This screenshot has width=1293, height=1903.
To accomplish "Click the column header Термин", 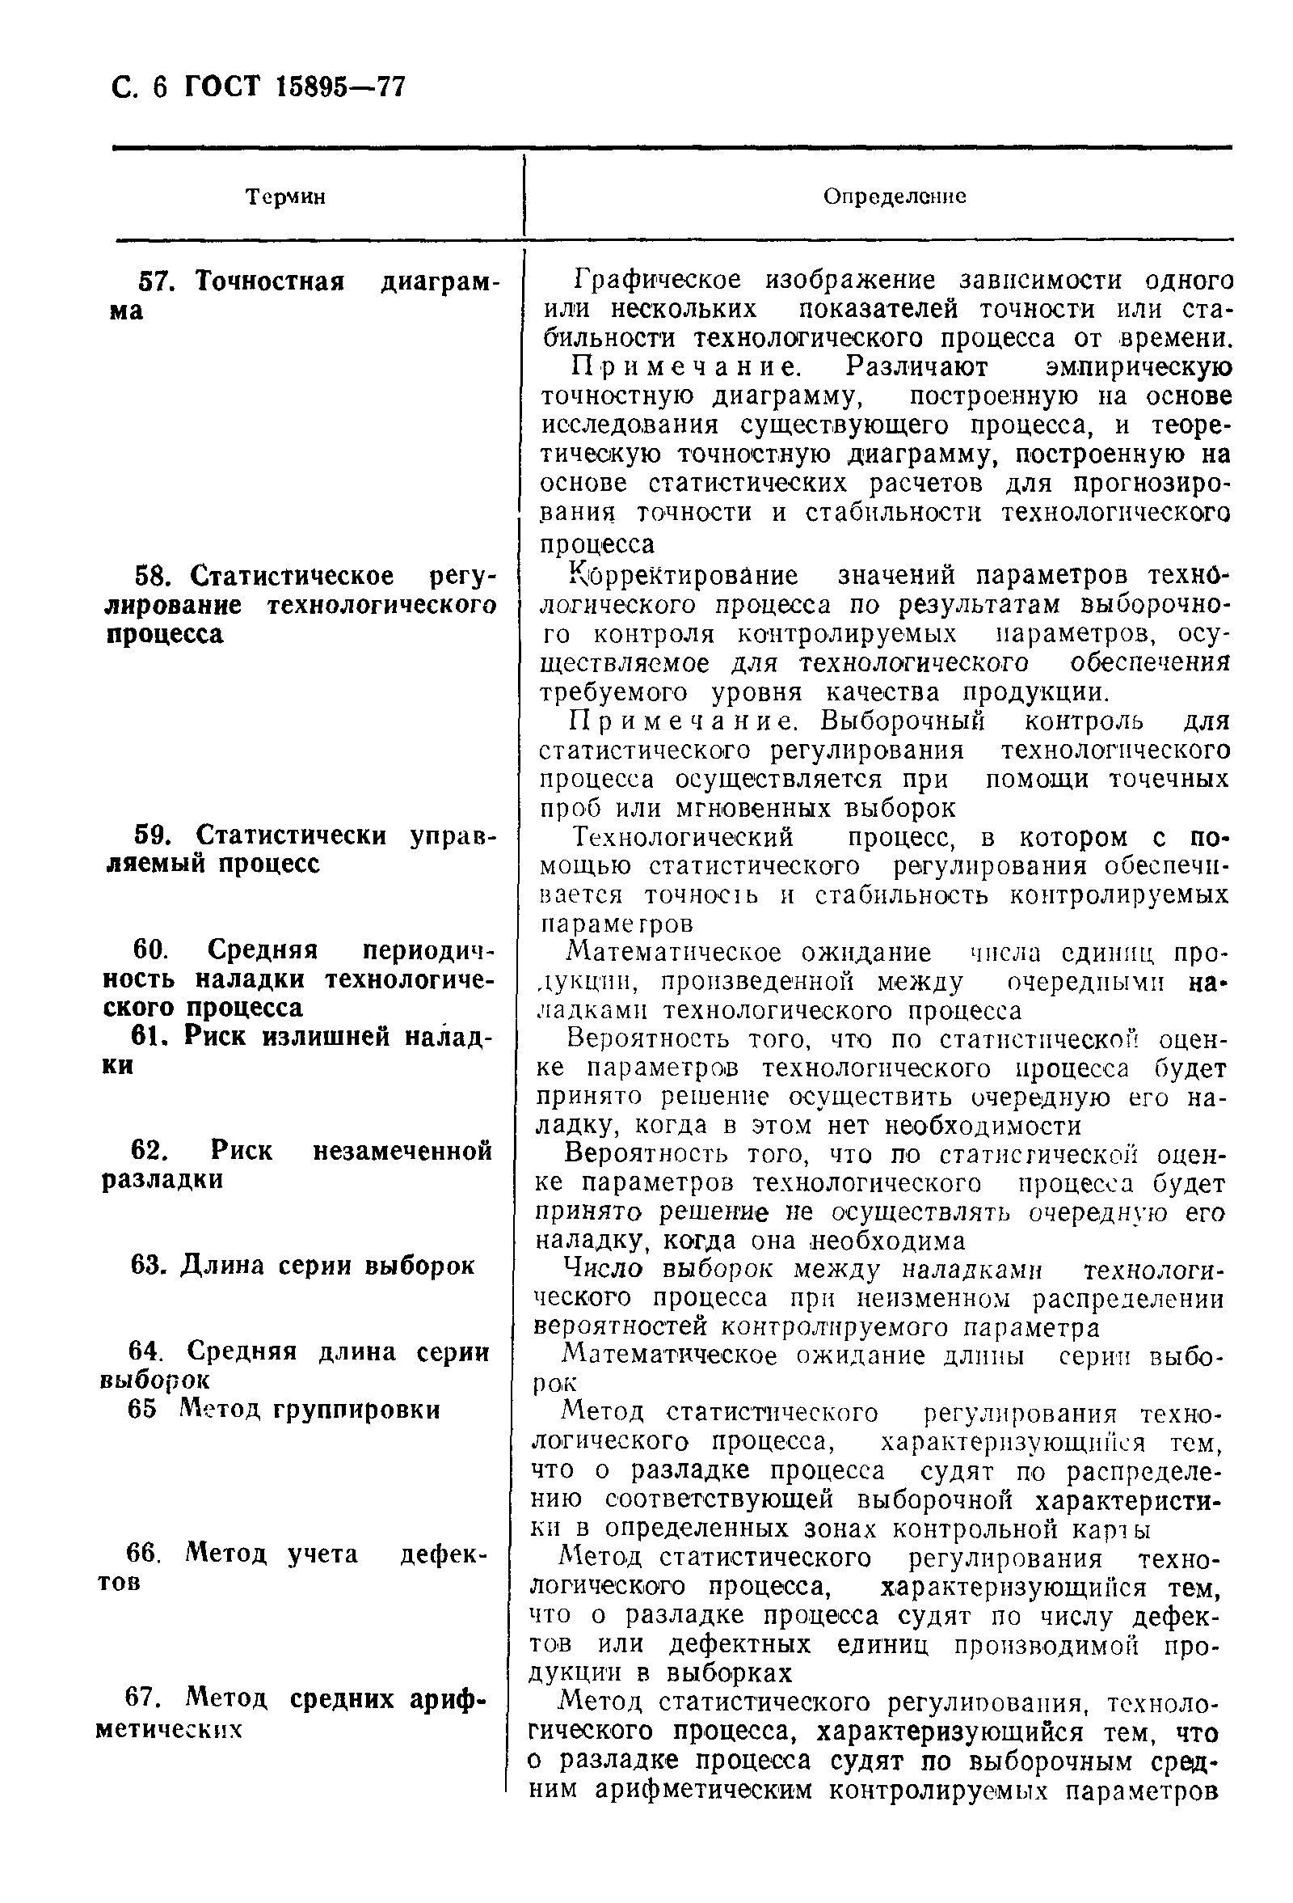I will point(285,197).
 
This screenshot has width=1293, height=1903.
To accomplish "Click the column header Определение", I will point(894,197).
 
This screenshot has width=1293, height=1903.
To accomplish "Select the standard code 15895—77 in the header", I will point(341,87).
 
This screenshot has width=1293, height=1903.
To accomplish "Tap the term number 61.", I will point(150,1037).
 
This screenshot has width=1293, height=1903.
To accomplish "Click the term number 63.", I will point(148,1265).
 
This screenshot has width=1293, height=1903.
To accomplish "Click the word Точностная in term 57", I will point(270,282).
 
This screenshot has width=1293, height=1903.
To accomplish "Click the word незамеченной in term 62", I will point(402,1151).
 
